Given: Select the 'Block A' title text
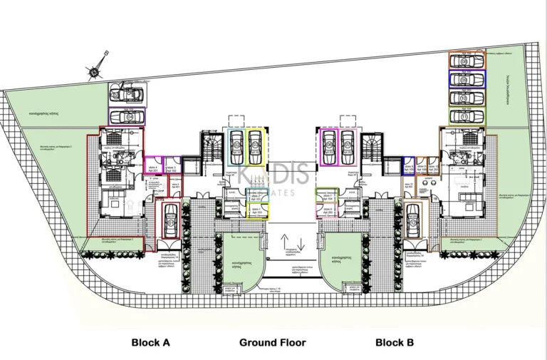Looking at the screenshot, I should pyautogui.click(x=150, y=343).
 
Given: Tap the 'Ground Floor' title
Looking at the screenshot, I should pyautogui.click(x=272, y=343).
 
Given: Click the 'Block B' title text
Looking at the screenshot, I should pyautogui.click(x=395, y=343).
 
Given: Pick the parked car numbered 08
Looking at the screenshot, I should pyautogui.click(x=467, y=62).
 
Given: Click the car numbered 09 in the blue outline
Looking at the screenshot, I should pyautogui.click(x=467, y=80).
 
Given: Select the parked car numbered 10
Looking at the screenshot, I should pyautogui.click(x=467, y=98).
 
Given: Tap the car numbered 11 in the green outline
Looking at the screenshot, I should pyautogui.click(x=467, y=115).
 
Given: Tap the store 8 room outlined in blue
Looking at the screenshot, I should pyautogui.click(x=409, y=166).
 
